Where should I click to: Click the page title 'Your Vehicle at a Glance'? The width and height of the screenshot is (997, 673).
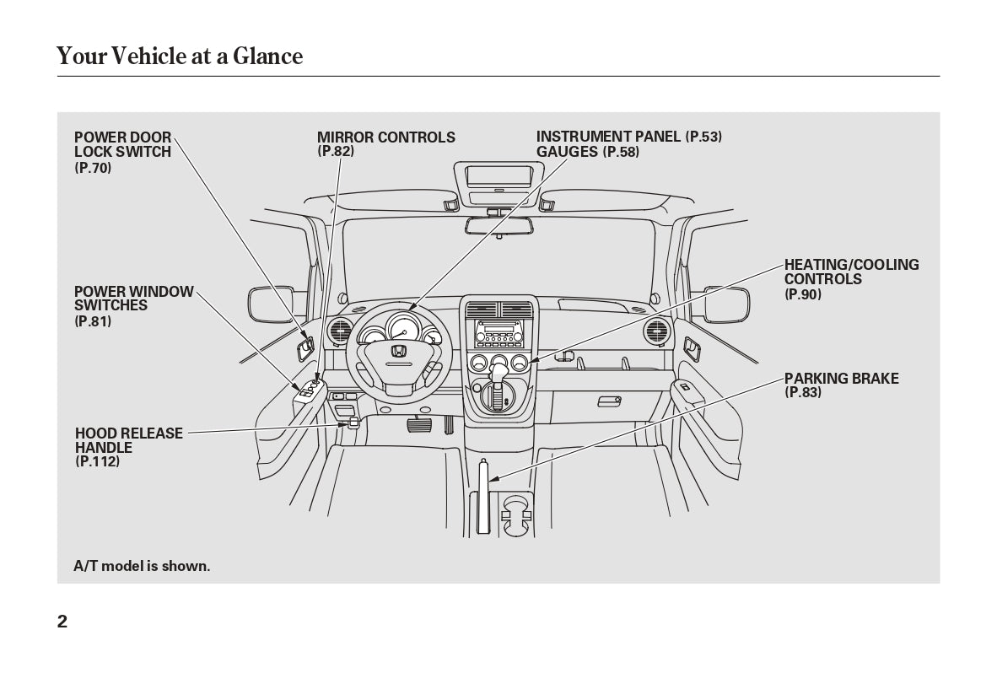179,56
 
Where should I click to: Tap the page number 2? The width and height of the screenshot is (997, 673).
62,622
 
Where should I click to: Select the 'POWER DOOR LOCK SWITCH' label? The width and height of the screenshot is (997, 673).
122,144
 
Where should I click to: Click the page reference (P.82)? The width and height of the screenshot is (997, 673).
336,151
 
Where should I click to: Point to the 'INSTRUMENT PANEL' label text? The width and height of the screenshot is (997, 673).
608,137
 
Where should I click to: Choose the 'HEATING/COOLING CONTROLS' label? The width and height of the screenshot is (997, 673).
851,272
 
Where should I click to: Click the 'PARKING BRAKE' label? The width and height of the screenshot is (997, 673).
841,379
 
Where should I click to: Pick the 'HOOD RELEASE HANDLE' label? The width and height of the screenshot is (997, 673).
128,440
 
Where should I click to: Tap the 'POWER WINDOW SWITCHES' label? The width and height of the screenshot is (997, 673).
133,299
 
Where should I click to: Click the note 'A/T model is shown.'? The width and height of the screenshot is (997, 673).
142,566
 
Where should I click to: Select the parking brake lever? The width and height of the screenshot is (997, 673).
483,498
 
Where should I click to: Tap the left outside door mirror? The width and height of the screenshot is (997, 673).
270,304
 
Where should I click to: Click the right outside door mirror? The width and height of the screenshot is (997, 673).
726,304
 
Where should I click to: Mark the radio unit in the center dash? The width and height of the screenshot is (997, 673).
499,334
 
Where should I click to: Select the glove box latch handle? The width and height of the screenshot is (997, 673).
608,401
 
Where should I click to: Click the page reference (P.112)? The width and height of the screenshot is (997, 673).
97,461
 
